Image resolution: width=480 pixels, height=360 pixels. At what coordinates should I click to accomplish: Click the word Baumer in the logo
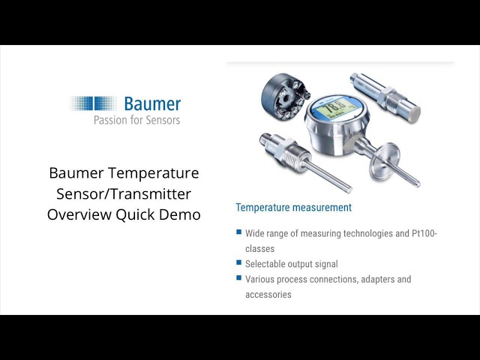[x=152, y=103]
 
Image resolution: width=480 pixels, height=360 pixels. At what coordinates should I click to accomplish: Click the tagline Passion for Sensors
[x=136, y=119]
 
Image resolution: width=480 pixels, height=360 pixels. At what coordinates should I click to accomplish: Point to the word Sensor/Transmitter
[x=124, y=193]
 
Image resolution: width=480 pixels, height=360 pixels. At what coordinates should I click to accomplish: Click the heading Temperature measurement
[x=293, y=207]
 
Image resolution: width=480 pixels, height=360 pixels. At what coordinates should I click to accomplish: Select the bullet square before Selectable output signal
[x=238, y=263]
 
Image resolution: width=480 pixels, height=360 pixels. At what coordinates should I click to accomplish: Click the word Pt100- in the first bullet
[x=421, y=234]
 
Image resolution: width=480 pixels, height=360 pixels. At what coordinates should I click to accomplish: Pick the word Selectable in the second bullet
[x=268, y=264]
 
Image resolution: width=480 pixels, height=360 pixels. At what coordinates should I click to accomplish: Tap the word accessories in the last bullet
[x=268, y=295]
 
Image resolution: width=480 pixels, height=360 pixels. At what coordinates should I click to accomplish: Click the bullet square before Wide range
[x=238, y=233]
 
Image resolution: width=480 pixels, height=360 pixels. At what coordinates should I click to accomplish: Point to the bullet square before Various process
[x=238, y=279]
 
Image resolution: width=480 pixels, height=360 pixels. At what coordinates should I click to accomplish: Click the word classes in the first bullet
[x=259, y=248]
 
